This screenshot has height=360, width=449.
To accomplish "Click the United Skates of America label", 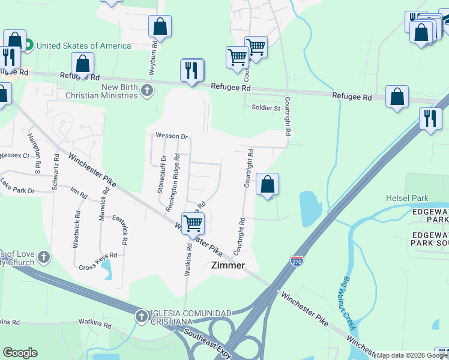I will click(84, 46).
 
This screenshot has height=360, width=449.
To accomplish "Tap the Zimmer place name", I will click(228, 265).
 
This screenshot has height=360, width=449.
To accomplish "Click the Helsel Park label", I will click(407, 198).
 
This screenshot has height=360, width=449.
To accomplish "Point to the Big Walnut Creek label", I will click(348, 304).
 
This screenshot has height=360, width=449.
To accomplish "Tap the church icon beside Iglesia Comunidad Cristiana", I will click(141, 316).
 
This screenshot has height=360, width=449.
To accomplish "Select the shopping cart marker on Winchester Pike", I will click(193, 223).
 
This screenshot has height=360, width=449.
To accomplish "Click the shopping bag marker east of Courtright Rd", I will click(268, 184).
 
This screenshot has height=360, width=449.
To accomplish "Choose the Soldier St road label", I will click(266, 108).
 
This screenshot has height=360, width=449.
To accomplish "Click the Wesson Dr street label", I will click(172, 136).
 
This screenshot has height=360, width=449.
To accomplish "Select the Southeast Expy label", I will click(208, 343).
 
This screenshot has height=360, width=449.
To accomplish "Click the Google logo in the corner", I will click(19, 353).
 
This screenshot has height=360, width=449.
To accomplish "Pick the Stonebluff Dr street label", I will click(161, 175).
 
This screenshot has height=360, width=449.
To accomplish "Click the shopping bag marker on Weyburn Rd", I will click(160, 26).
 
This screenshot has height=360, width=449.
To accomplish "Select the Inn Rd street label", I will click(79, 194).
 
